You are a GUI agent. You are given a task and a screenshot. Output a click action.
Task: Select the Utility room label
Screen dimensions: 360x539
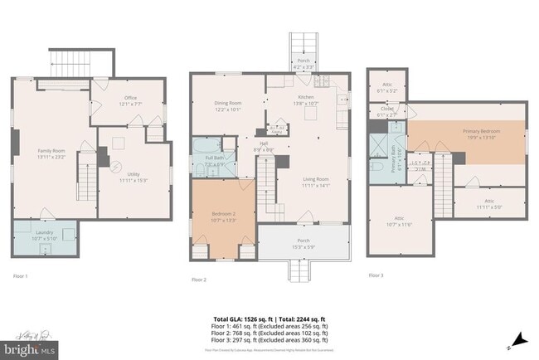(x=133, y=176)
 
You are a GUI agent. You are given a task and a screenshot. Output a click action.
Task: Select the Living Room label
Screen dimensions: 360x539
(x=313, y=182)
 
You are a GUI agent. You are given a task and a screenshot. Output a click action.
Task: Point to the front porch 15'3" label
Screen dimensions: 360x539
(x=301, y=244)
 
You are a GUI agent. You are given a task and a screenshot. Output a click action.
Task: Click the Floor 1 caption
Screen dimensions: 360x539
(x=21, y=275)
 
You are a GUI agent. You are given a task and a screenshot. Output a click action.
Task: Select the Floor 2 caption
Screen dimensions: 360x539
(x=199, y=280)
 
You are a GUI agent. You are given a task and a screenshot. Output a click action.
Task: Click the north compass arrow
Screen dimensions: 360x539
(x=520, y=338)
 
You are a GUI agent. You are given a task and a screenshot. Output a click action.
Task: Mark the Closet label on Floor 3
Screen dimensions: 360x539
(x=386, y=109)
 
